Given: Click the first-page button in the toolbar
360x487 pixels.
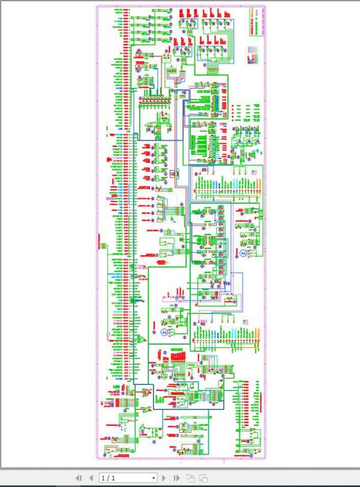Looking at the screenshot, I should [x=79, y=478].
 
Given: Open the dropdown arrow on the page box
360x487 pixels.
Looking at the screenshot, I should [x=154, y=478].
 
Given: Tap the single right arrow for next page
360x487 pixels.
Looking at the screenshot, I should [x=164, y=478].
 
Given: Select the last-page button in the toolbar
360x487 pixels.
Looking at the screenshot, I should [x=176, y=478].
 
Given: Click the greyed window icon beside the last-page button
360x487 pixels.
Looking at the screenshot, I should [x=190, y=478].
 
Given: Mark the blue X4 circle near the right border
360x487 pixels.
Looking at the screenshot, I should [x=243, y=253].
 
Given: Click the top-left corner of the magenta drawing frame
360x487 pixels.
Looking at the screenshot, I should [x=97, y=7].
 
